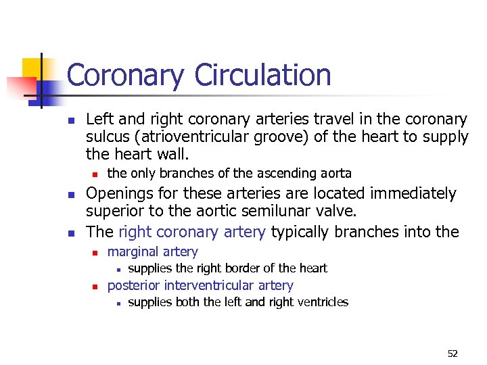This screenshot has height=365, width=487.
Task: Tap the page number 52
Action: click(453, 354)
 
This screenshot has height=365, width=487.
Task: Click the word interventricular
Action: click(212, 285)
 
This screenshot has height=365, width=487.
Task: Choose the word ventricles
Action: click(321, 302)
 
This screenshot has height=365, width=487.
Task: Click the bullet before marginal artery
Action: click(96, 253)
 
